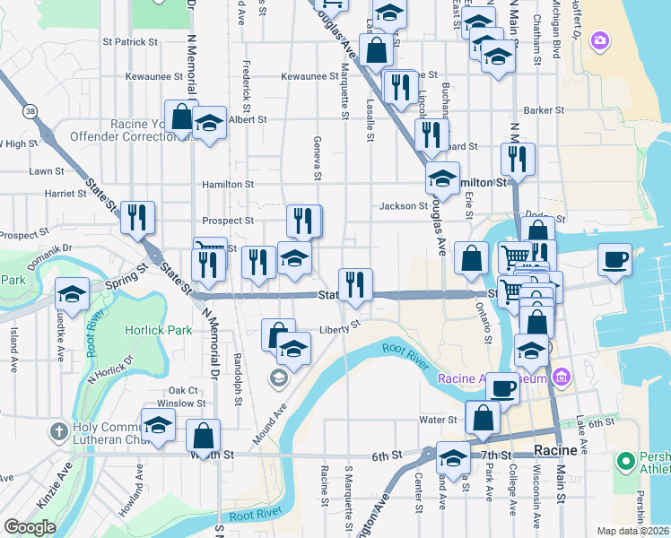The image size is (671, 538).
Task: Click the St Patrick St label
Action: [130, 41]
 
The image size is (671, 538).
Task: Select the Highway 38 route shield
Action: [31, 111]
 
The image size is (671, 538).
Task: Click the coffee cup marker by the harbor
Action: [615, 260]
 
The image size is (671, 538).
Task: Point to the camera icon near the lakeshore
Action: [599, 40]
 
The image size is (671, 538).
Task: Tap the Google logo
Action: [29, 527]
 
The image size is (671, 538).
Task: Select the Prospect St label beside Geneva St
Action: [228, 220]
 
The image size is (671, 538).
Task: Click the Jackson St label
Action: [403, 206]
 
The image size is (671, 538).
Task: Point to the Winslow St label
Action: [175, 403]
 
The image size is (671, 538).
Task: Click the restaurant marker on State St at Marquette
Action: [355, 285]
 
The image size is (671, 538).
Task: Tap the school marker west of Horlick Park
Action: [72, 294]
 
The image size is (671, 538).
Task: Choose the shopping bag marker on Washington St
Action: [204, 437]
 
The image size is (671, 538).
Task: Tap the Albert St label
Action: [248, 119]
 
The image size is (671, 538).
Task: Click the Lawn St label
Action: [46, 170]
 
